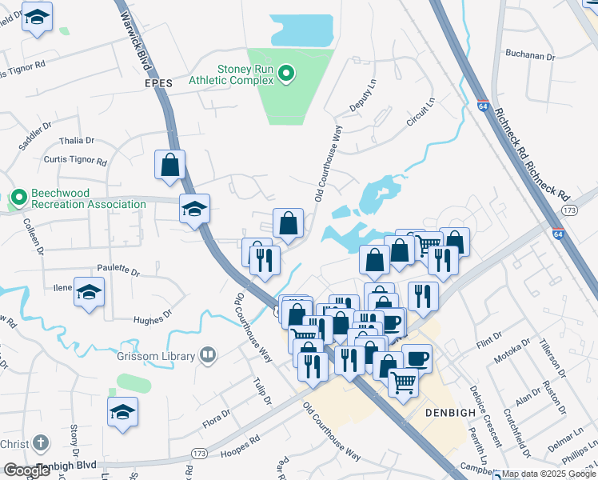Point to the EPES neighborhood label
click(x=158, y=83)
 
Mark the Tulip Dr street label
click(x=261, y=390)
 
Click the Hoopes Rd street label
click(x=245, y=441)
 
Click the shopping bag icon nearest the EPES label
click(x=170, y=165)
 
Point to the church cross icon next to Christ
click(x=41, y=444)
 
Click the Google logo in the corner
click(x=27, y=470)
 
